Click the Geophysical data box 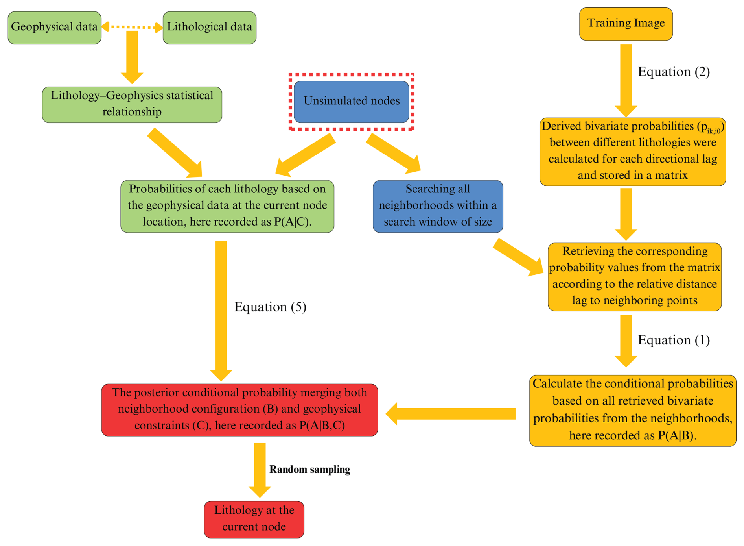(54, 28)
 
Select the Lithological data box (209, 28)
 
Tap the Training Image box (626, 24)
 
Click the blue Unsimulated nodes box (351, 102)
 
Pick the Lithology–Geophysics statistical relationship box (132, 104)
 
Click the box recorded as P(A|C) (227, 206)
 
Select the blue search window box (438, 206)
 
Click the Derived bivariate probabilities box (632, 152)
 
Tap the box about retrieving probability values (634, 277)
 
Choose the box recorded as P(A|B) (632, 410)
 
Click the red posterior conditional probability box (239, 409)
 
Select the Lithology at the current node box (254, 519)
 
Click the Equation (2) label (673, 72)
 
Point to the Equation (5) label (270, 307)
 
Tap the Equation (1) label (673, 340)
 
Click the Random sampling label (309, 469)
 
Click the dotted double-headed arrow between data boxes (132, 27)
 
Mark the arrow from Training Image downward (626, 79)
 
